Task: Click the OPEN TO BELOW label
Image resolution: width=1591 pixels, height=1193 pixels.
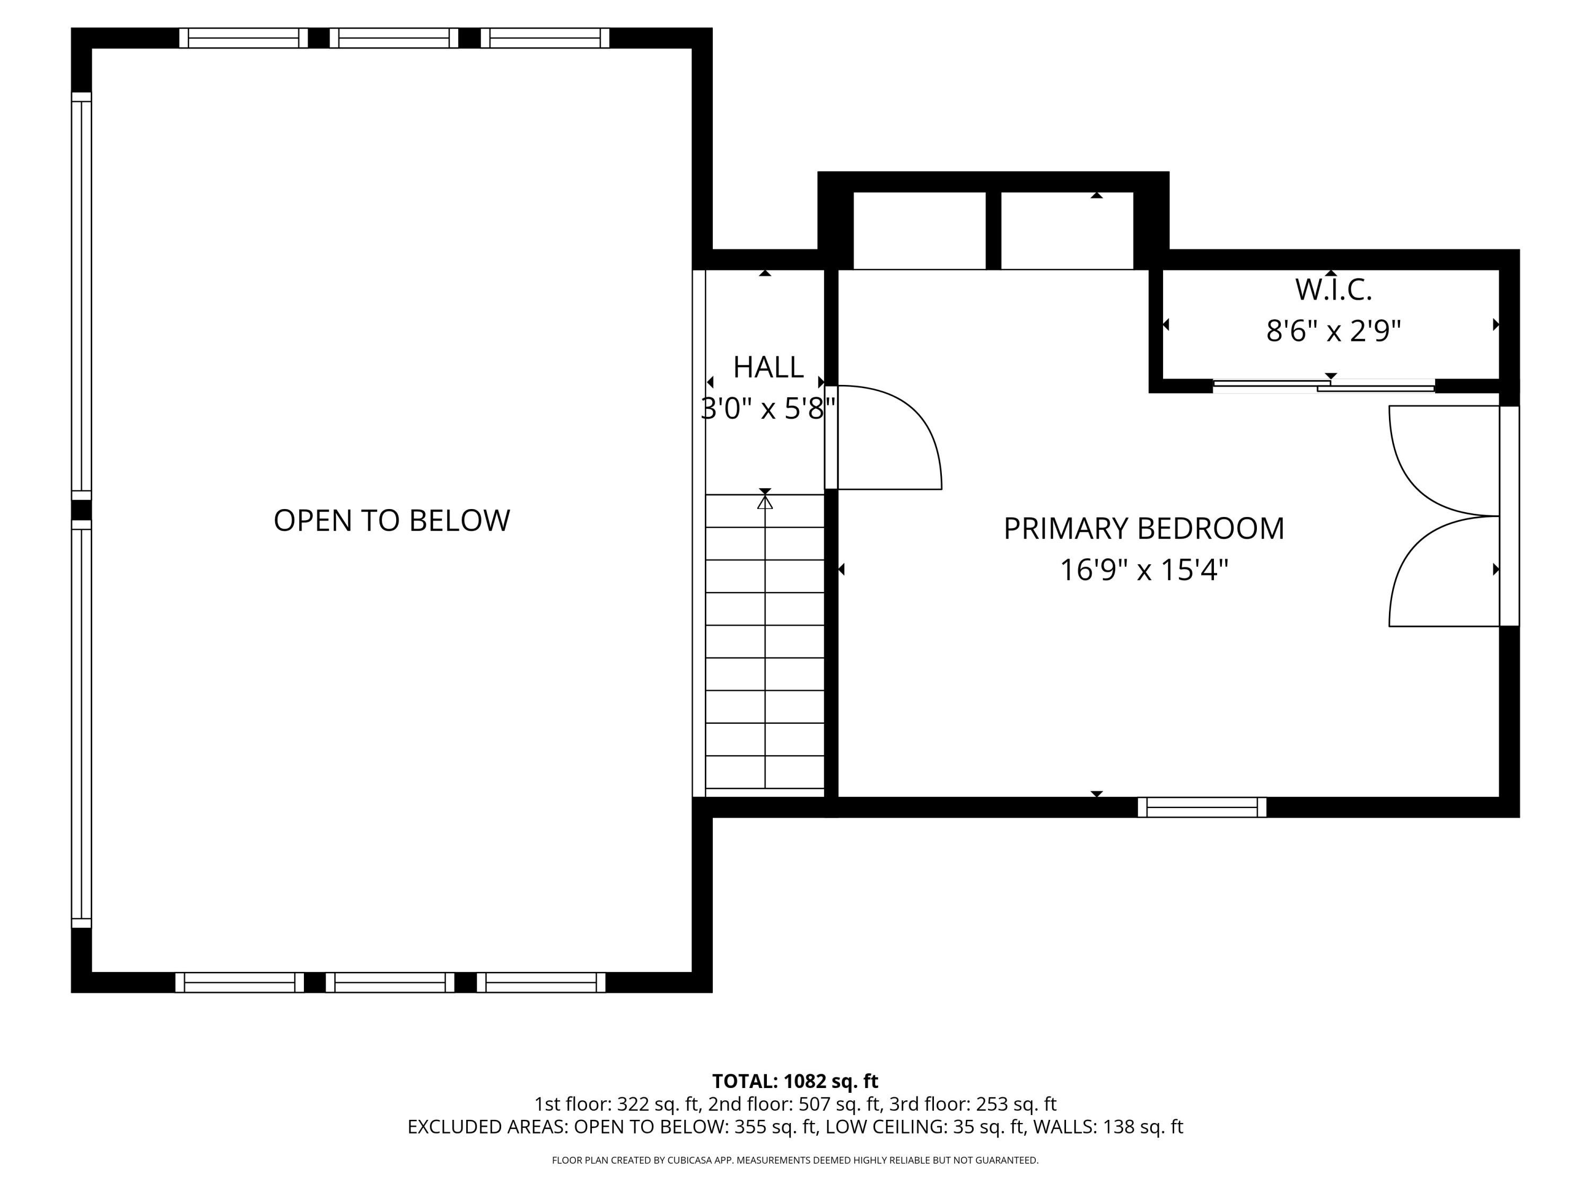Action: point(391,521)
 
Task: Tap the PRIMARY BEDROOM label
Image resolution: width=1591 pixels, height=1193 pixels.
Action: point(1143,529)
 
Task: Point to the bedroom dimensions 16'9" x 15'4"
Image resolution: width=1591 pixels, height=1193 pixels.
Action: point(1143,570)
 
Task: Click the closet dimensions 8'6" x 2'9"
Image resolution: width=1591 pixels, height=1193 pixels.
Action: point(1333,331)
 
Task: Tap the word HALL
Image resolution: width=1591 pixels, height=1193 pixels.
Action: point(768,367)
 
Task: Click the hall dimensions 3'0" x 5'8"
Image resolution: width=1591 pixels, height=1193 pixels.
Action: point(768,409)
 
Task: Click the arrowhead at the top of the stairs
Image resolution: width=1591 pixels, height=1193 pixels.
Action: point(765,502)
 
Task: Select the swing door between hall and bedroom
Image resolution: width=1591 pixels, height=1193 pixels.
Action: point(883,437)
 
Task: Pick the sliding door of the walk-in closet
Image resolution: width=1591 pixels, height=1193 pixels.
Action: point(1323,386)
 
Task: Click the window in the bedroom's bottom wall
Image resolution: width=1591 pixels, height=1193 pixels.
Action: point(1202,808)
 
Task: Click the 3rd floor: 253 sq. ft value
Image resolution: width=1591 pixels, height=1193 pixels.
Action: point(973,1104)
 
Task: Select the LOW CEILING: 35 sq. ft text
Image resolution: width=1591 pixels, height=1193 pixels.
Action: point(925,1127)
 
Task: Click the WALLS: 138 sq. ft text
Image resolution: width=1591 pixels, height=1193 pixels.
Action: point(1108,1127)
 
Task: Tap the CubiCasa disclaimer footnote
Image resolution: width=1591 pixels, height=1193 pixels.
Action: point(795,1160)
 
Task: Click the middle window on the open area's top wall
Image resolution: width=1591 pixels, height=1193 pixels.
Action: point(394,38)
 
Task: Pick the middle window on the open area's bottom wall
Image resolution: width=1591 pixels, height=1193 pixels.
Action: point(390,983)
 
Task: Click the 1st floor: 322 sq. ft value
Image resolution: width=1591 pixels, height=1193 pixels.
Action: point(618,1104)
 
